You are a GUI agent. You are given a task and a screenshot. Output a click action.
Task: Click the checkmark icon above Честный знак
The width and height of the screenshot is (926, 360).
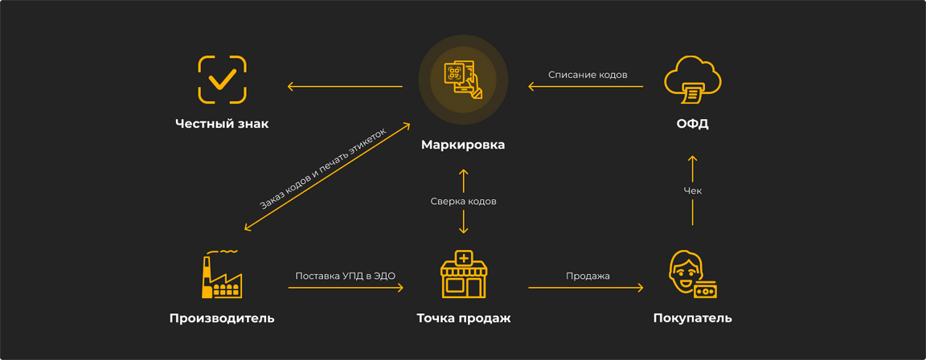(222, 80)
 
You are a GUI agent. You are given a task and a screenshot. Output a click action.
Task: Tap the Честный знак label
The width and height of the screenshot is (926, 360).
(222, 124)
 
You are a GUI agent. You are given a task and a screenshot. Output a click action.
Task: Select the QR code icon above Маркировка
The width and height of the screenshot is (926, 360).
(463, 80)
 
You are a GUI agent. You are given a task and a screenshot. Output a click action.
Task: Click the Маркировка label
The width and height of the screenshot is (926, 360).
(463, 145)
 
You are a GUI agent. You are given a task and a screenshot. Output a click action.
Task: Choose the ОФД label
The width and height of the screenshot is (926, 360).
(692, 124)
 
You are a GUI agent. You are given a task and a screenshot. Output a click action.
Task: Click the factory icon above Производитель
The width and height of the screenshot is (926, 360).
(221, 276)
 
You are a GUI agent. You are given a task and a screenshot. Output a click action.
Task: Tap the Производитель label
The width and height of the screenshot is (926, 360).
(222, 318)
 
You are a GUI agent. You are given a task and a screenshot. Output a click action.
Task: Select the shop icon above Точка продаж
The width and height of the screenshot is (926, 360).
(463, 274)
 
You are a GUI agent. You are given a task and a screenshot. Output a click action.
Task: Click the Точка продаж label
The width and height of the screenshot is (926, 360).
(463, 318)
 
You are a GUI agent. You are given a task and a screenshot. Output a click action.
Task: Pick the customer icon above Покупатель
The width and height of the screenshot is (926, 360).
(692, 274)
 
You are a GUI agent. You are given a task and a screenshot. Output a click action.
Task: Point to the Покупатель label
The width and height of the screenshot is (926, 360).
(692, 318)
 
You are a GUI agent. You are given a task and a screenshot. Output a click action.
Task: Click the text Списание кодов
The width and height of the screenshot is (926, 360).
(588, 75)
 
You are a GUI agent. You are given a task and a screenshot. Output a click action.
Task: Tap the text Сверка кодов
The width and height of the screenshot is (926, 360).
(463, 201)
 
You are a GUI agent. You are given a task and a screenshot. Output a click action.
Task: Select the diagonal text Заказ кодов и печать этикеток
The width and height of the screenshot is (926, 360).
(322, 168)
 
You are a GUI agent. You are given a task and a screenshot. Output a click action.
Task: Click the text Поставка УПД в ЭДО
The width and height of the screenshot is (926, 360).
(345, 276)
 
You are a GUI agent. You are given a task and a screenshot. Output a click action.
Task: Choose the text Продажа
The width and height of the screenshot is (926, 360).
(588, 276)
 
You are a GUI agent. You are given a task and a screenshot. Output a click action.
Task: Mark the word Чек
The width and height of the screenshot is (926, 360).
(692, 190)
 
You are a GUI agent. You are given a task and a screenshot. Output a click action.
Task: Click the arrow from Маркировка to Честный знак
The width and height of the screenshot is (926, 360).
(345, 87)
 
